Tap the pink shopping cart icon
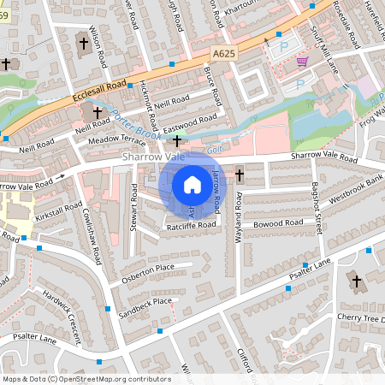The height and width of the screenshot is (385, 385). [x=301, y=62]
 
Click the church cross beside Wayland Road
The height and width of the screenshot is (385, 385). [x=240, y=175]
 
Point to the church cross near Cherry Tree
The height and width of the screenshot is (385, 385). [x=356, y=280]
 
